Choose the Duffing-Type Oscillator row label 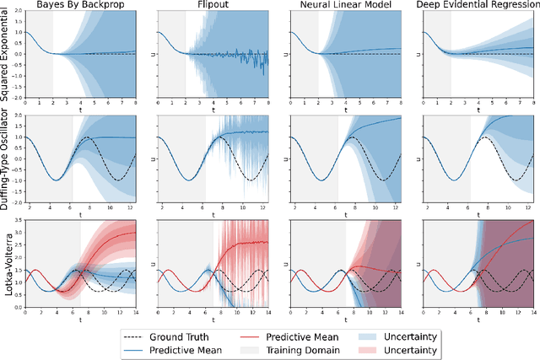pos(8,159)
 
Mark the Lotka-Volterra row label pos(8,262)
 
